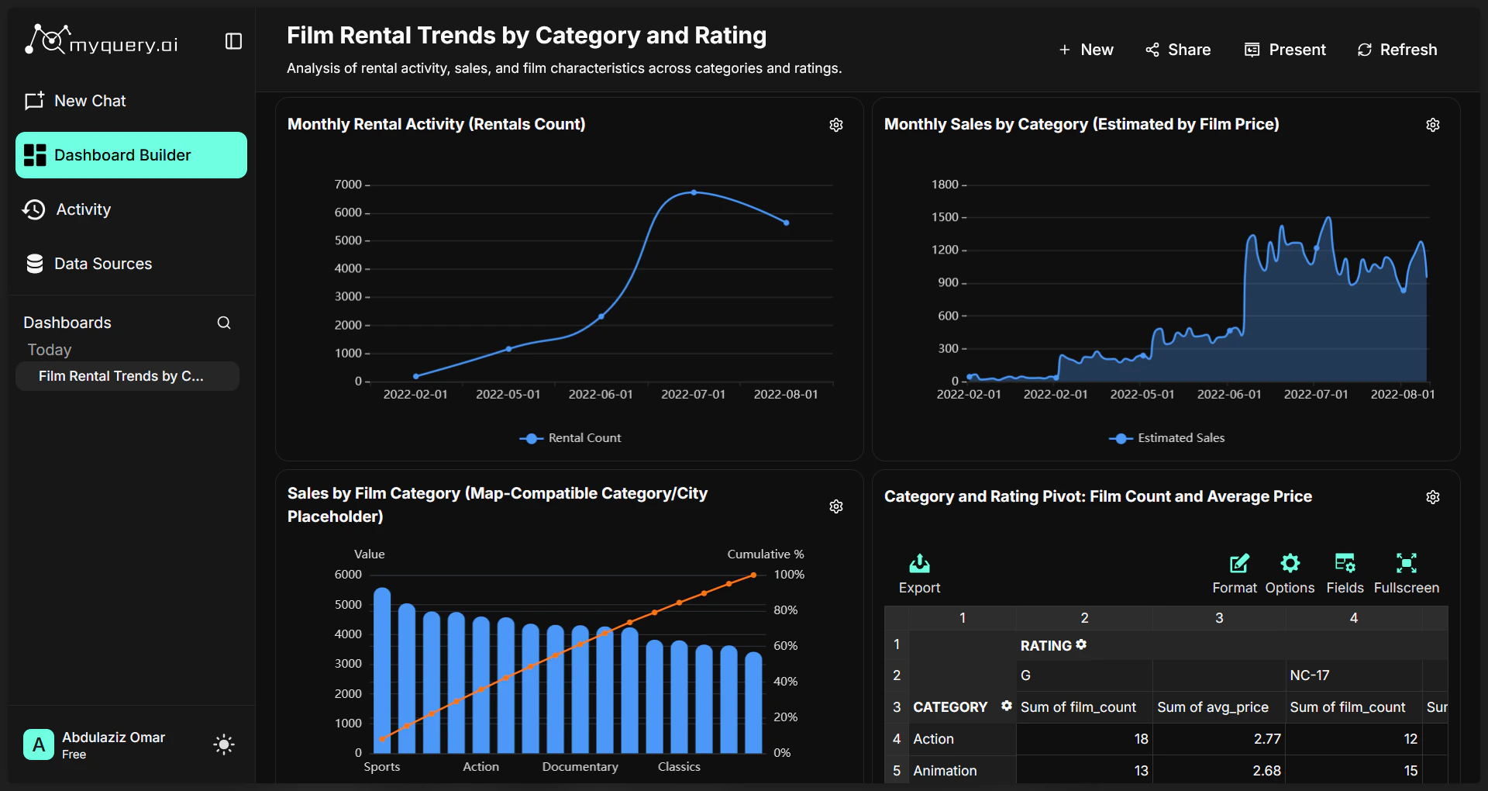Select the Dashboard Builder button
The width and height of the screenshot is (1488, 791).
click(131, 155)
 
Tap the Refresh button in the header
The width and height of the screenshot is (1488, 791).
click(1397, 50)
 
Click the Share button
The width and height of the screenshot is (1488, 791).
click(1178, 50)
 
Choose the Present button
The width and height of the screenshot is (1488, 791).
click(1285, 50)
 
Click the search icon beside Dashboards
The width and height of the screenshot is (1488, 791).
click(224, 323)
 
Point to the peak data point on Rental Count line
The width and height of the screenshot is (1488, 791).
click(694, 192)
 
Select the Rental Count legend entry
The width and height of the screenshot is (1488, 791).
click(571, 438)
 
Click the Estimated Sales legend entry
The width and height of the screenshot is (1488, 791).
click(1167, 438)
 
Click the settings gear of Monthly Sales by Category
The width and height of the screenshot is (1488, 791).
click(1433, 125)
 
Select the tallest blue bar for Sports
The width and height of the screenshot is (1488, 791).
click(382, 670)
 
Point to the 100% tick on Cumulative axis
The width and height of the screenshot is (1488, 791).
click(789, 575)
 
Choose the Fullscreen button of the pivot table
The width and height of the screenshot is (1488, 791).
click(1406, 573)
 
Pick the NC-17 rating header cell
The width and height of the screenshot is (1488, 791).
click(1310, 675)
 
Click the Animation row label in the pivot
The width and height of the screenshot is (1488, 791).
click(945, 771)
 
